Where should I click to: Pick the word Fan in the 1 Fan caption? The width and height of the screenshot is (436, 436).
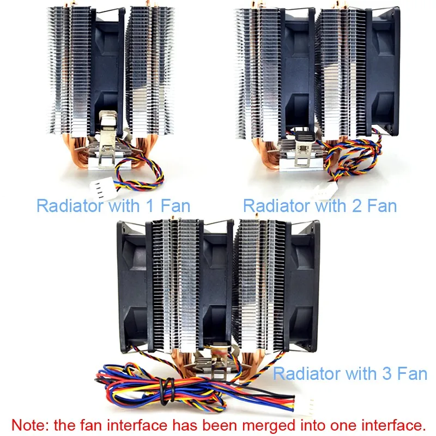point(178,206)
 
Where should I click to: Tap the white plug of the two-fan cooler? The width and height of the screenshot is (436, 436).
point(322,191)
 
